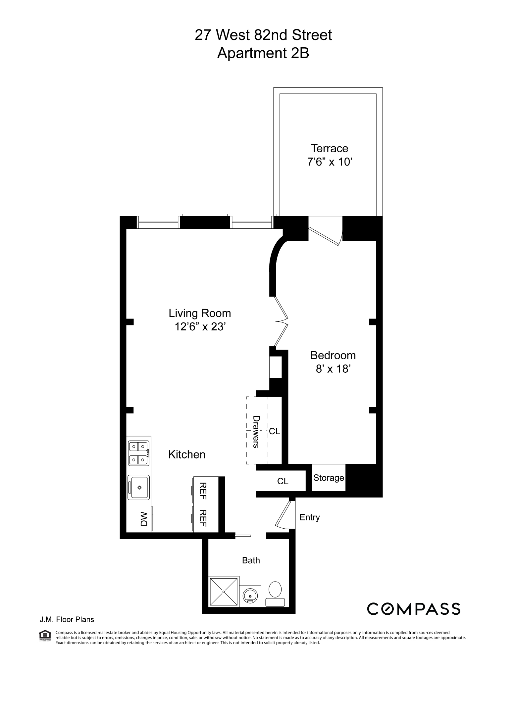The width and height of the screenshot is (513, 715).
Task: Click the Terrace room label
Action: [x=329, y=148]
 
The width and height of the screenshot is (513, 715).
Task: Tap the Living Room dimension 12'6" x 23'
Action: [x=200, y=327]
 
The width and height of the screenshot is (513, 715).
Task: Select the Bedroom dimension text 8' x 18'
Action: [x=333, y=369]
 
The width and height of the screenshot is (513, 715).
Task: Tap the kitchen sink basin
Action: [x=139, y=487]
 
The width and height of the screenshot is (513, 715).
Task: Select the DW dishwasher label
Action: [x=144, y=519]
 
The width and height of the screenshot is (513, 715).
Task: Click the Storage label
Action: [x=329, y=478]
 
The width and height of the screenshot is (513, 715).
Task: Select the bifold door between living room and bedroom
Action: [x=282, y=321]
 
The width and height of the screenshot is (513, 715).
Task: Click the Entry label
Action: [x=309, y=517]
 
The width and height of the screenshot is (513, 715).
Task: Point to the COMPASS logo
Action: [x=413, y=609]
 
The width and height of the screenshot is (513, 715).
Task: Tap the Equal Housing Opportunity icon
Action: [x=45, y=635]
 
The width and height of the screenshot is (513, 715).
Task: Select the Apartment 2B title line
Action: [x=263, y=53]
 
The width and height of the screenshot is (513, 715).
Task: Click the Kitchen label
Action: [x=187, y=454]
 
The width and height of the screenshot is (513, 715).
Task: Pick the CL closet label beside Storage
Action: [x=282, y=481]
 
